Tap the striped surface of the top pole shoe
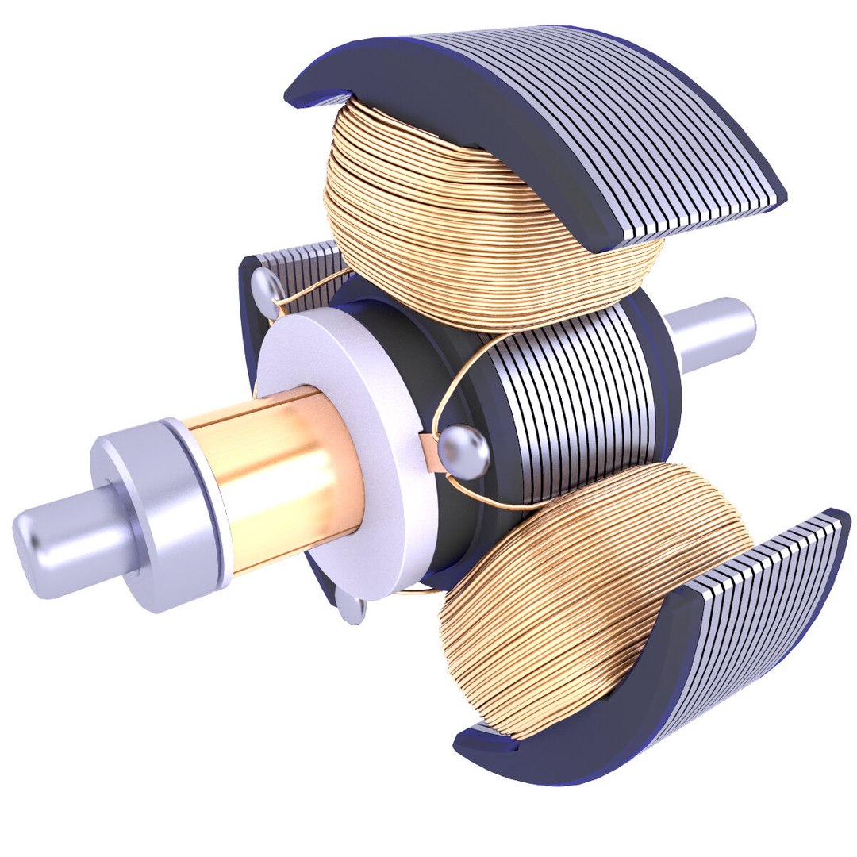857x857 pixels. click(603, 119)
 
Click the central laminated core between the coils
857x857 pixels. click(571, 397)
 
